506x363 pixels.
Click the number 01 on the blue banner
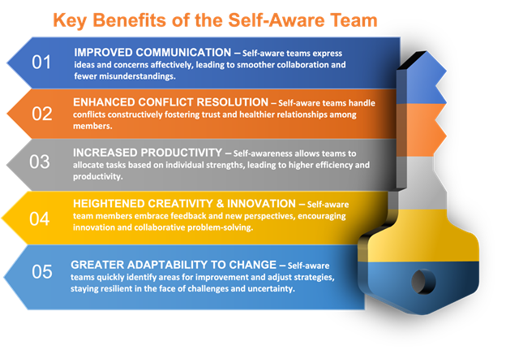pos(41,62)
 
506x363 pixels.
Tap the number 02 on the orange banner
pos(41,114)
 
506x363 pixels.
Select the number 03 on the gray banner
pos(40,162)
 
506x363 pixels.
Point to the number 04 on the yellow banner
pos(40,218)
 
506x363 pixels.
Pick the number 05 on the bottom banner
pos(42,271)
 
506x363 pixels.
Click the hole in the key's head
pos(423,281)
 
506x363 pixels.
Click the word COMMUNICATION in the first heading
pos(183,52)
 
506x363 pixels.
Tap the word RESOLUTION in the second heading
pos(233,102)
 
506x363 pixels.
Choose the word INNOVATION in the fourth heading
pos(261,204)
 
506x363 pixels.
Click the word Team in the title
pos(354,20)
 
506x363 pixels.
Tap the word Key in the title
pos(70,20)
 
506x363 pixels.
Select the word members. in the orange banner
pos(92,126)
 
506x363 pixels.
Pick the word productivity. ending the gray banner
pos(98,176)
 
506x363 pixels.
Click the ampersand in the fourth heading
pos(220,204)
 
